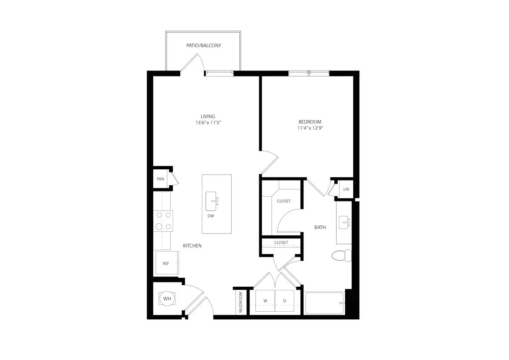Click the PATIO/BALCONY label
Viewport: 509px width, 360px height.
[204, 46]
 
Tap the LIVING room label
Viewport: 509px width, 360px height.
[208, 116]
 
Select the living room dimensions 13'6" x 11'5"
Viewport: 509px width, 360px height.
[208, 123]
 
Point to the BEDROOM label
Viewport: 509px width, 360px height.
[310, 122]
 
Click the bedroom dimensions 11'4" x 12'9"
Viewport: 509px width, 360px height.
[310, 128]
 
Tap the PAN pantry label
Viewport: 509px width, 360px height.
[160, 179]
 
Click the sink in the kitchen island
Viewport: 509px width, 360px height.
[211, 201]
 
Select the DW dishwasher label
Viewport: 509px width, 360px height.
[211, 216]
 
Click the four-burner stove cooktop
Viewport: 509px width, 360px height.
[163, 221]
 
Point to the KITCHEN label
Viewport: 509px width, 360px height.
[192, 246]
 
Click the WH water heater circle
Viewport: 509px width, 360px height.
[167, 298]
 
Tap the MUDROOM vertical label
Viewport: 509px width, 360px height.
[241, 302]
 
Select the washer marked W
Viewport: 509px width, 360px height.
[265, 301]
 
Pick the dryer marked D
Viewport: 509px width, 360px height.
[285, 301]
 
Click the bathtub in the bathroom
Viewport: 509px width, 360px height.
[325, 303]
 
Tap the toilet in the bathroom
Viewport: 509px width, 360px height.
[342, 255]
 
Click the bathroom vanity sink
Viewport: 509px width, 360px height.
[345, 223]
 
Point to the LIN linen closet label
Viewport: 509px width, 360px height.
[346, 189]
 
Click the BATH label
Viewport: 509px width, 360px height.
[320, 227]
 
